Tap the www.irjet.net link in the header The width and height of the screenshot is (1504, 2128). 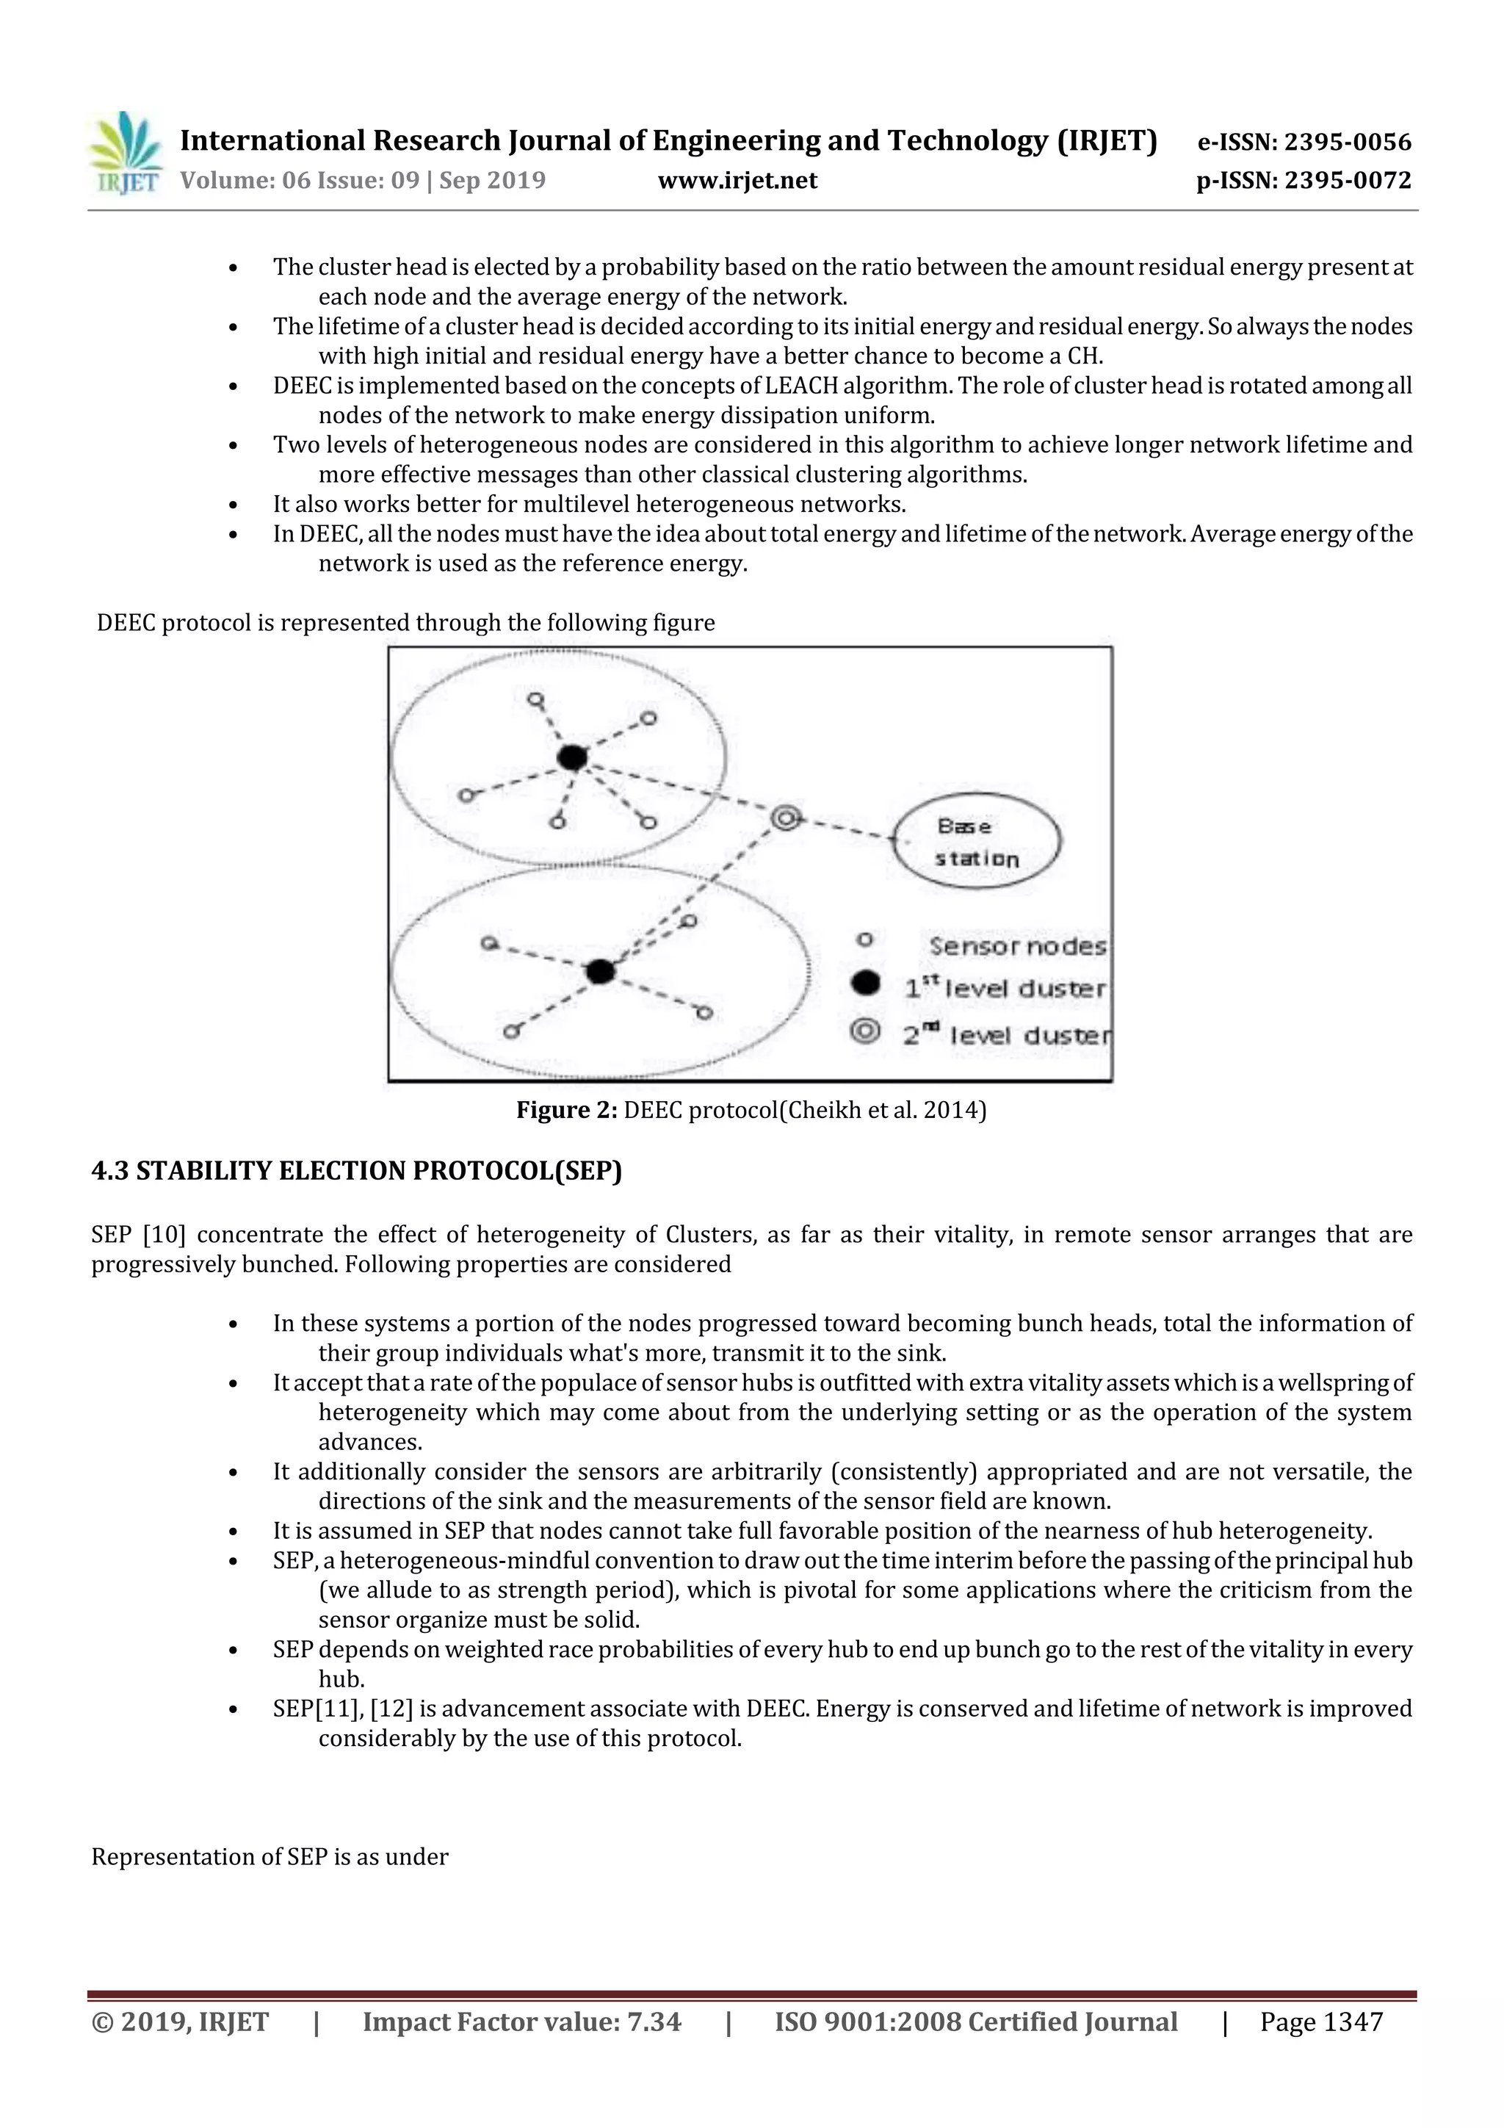click(737, 180)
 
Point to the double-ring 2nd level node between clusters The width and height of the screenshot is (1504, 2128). click(786, 818)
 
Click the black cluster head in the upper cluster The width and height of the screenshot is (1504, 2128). click(572, 757)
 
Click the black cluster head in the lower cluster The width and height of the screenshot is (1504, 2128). click(601, 971)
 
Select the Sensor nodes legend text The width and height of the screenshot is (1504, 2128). click(1016, 946)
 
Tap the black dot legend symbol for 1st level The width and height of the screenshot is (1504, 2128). click(866, 984)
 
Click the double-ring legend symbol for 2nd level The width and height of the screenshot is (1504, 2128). click(866, 1031)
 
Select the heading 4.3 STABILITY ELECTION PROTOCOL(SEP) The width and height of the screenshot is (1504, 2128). click(357, 1172)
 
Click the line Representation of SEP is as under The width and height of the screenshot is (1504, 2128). click(270, 1856)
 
